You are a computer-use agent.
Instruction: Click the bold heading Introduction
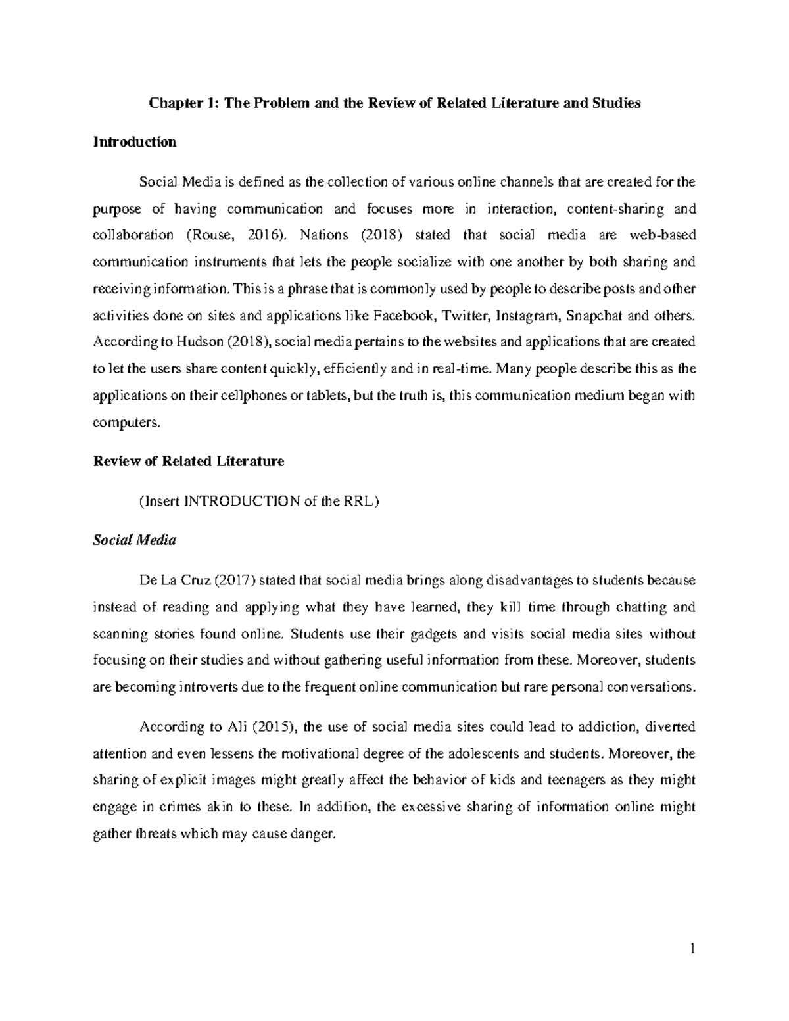coord(135,142)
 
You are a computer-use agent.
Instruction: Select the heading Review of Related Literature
coord(189,462)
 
